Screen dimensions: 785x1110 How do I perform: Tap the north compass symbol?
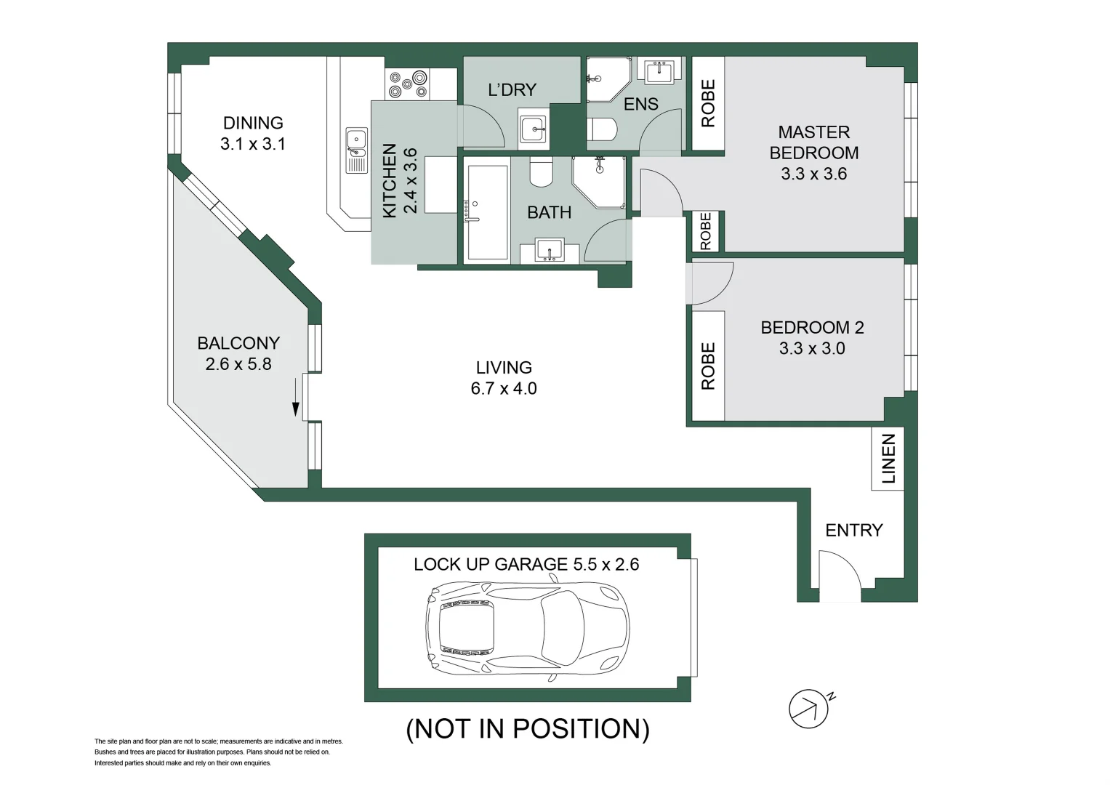click(x=809, y=708)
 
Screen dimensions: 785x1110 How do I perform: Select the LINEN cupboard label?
click(x=888, y=459)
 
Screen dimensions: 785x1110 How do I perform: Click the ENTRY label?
click(x=853, y=530)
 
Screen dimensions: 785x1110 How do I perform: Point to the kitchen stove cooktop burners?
click(x=407, y=84)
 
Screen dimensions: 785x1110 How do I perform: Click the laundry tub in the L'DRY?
click(x=533, y=129)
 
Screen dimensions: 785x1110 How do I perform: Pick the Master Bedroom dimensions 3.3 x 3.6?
click(x=813, y=174)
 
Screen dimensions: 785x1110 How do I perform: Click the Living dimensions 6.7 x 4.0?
click(x=503, y=388)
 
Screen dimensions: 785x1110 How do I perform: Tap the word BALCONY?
click(x=238, y=343)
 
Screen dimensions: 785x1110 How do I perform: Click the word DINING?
click(x=253, y=123)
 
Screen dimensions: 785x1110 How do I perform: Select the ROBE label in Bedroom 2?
click(x=707, y=366)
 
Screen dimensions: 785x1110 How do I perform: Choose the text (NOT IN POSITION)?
click(x=527, y=728)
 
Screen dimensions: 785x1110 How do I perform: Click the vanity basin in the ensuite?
click(x=660, y=71)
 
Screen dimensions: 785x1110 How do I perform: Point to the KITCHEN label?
click(x=390, y=180)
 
